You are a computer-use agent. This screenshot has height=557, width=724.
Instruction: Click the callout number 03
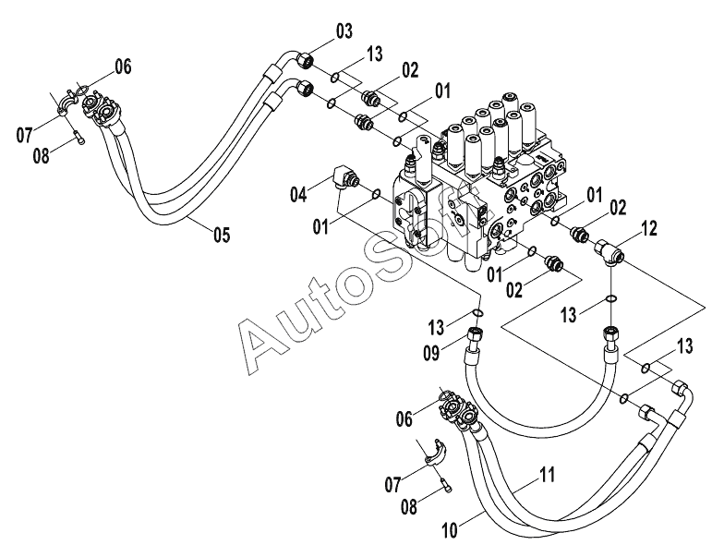344,31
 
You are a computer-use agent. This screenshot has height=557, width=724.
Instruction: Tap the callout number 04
297,194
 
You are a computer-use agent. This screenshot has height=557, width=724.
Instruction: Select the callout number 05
222,235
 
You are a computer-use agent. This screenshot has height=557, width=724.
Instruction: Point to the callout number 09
432,353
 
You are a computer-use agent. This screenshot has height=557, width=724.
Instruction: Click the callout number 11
547,475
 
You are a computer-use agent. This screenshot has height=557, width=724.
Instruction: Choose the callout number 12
648,228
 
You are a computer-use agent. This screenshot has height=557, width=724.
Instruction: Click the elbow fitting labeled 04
345,177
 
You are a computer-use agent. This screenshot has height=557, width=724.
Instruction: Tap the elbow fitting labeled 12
609,251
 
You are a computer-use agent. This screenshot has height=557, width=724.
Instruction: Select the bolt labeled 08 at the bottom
447,484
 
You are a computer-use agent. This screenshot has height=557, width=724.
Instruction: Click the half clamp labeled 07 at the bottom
436,453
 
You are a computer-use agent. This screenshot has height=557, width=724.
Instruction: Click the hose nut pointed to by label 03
305,59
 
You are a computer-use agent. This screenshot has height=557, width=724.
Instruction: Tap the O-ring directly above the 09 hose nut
478,313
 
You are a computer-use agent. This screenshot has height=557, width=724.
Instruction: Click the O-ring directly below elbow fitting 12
610,299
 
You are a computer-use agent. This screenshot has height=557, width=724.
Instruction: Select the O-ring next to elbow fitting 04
376,194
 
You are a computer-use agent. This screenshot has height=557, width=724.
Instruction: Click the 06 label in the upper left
123,67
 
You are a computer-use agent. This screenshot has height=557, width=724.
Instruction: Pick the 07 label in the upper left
24,135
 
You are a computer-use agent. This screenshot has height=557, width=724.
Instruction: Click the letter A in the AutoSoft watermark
263,342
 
